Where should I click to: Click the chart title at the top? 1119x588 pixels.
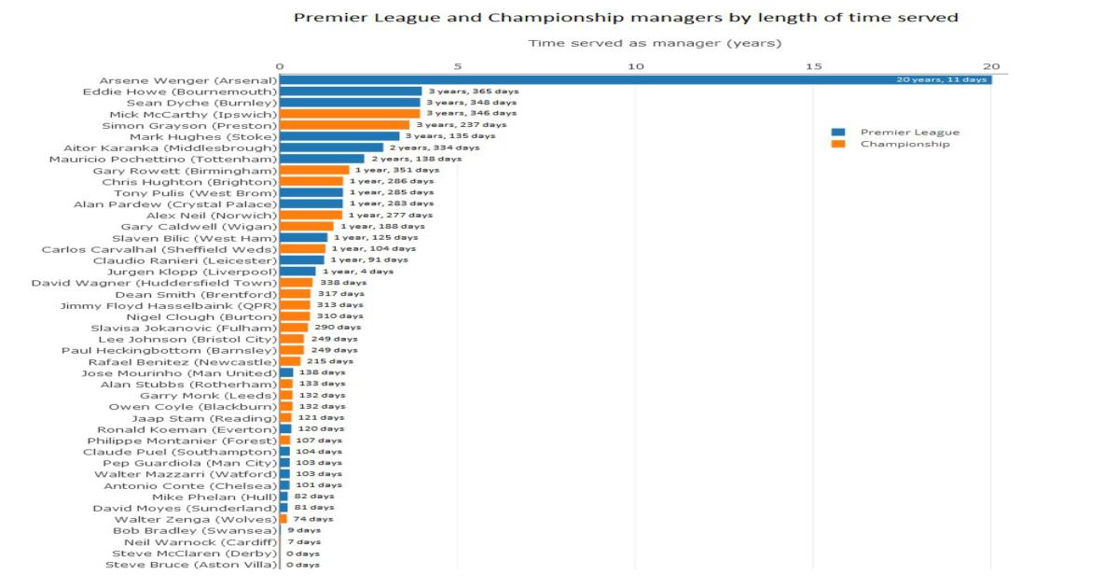click(626, 17)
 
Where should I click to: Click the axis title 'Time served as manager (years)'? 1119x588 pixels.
click(655, 43)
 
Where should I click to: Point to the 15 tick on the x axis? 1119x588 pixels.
click(813, 65)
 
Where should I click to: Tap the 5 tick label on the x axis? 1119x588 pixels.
click(457, 65)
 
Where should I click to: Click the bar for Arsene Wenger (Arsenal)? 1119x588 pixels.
click(634, 80)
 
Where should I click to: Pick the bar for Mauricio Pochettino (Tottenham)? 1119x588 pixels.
click(322, 159)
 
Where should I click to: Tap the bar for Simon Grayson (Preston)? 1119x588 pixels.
click(344, 125)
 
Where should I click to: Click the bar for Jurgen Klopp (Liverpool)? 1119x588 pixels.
click(297, 272)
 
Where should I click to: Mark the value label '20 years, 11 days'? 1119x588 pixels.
click(941, 80)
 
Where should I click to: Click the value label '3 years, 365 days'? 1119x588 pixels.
click(473, 91)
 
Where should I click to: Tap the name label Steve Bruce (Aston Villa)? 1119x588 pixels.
click(191, 565)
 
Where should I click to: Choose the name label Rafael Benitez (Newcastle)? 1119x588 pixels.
click(183, 361)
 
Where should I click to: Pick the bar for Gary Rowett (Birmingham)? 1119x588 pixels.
click(314, 170)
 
